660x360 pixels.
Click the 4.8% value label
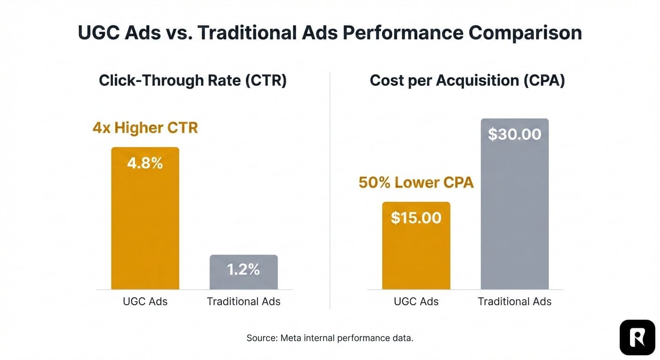click(x=145, y=163)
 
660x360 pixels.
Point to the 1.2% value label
click(x=243, y=270)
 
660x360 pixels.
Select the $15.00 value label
click(x=416, y=218)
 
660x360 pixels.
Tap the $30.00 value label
click(x=514, y=135)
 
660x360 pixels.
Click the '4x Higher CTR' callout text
click(x=145, y=128)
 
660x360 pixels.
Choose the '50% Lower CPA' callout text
click(x=416, y=182)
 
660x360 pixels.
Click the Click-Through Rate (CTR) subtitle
click(x=193, y=81)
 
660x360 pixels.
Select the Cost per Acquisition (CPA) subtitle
click(x=467, y=81)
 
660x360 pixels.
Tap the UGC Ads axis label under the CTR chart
click(x=145, y=301)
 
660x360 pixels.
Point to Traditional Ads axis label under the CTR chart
click(x=243, y=301)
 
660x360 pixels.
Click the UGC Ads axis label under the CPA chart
click(x=416, y=301)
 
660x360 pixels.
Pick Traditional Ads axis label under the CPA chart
click(x=514, y=301)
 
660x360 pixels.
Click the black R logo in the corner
click(x=637, y=337)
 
